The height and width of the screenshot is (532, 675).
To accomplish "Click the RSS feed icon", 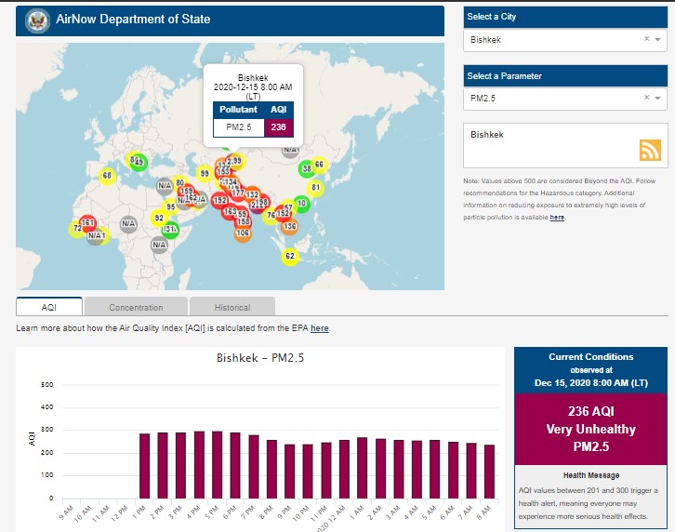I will (650, 151).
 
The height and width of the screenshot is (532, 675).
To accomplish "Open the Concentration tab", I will (136, 307).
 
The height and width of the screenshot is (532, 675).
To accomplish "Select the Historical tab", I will (232, 307).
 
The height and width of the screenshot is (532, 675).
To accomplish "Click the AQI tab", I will (49, 307).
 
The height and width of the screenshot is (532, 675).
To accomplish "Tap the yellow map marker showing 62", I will (289, 256).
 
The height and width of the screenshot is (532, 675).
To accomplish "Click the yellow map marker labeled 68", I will (107, 175).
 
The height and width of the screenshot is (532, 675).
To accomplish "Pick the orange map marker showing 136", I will (289, 226).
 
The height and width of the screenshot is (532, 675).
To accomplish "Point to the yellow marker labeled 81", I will (314, 188).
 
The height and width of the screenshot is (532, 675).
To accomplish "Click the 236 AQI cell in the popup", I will (278, 126).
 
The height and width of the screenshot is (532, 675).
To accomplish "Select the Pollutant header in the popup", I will (239, 109).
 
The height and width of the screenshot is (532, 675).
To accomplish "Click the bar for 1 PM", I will (145, 466).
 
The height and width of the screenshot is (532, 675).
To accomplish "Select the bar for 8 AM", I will (489, 472).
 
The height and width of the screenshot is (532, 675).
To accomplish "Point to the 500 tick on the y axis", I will (46, 385).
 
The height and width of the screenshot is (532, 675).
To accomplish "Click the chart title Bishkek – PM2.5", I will (260, 357).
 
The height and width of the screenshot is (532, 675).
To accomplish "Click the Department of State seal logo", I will (38, 20).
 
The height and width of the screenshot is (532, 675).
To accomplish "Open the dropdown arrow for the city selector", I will (658, 40).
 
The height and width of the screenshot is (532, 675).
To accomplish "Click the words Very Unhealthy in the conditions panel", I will (590, 430).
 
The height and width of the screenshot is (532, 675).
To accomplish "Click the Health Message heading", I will (590, 475).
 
